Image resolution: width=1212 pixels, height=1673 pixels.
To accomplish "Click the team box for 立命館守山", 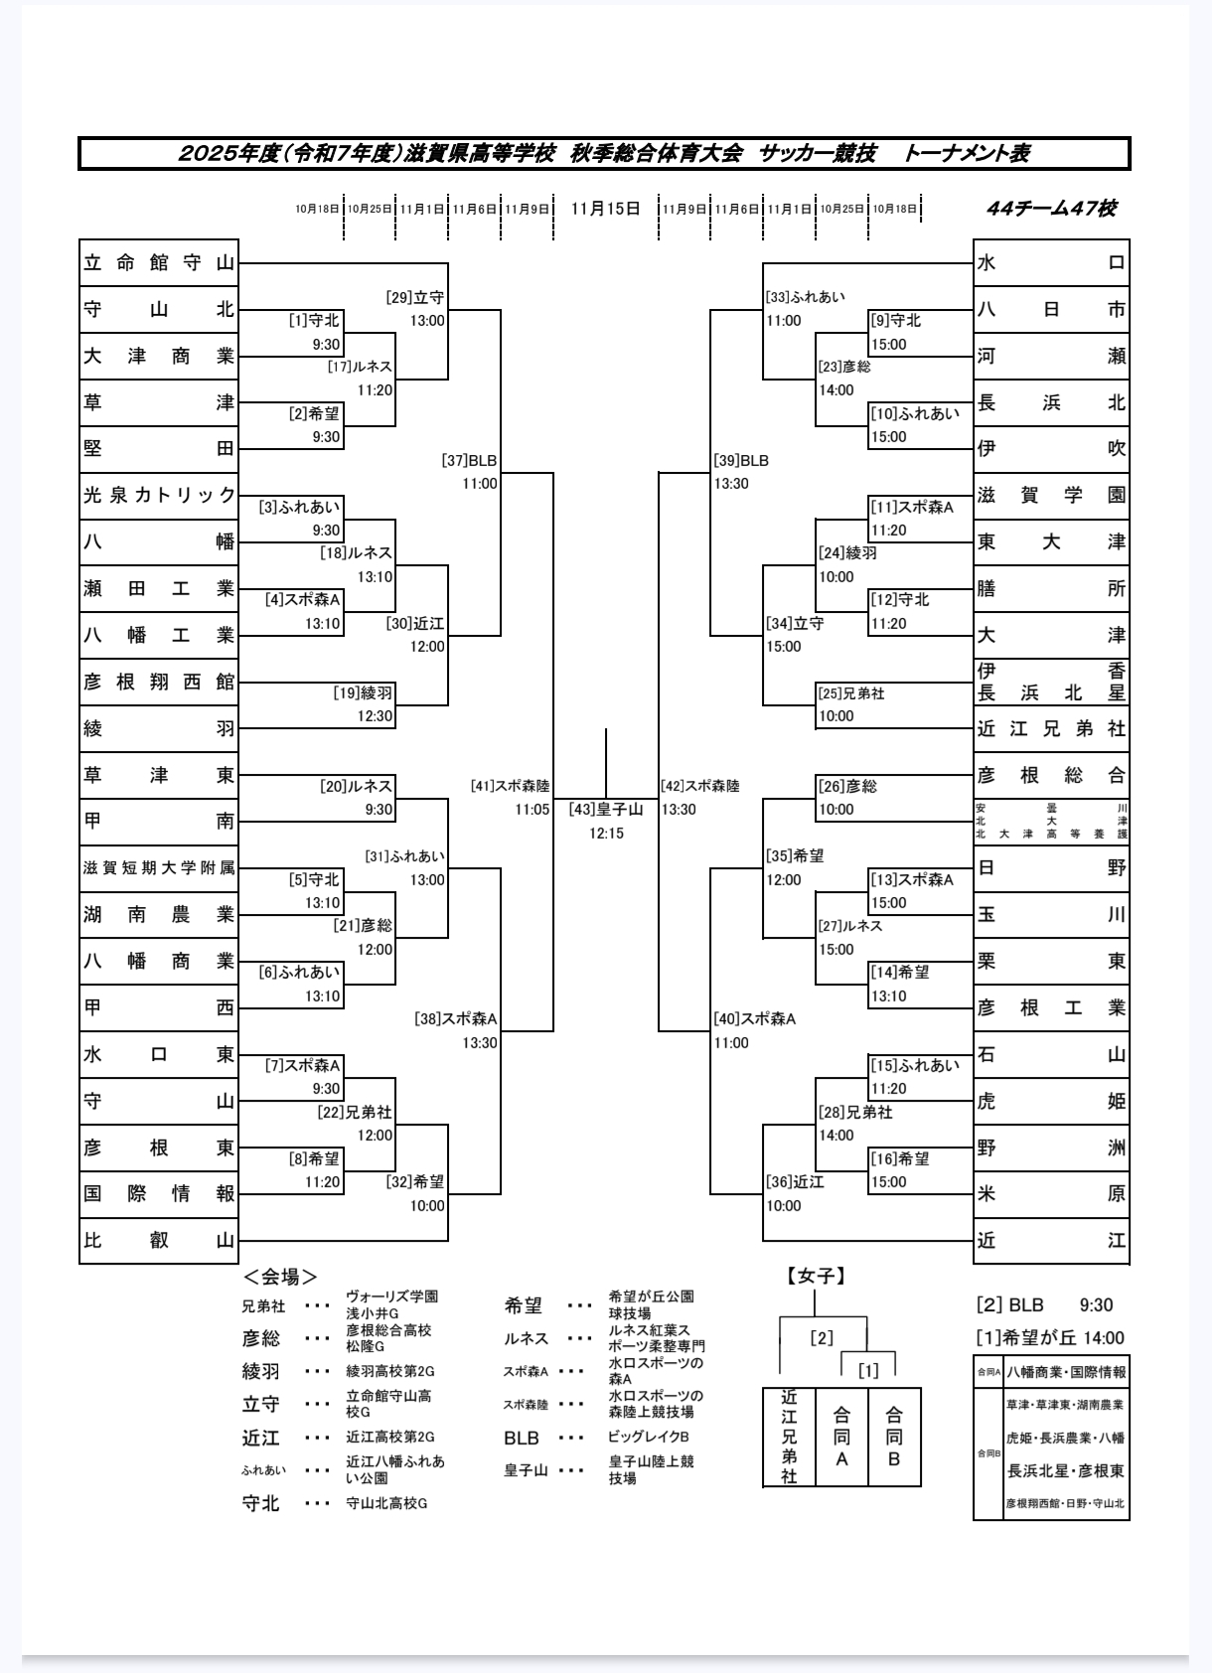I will (x=159, y=263).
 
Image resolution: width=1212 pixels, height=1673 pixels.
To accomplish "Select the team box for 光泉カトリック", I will (x=159, y=495).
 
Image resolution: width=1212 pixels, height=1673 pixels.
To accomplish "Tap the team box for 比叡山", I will (x=159, y=1240).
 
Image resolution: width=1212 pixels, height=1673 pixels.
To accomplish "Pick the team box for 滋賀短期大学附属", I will (x=159, y=868).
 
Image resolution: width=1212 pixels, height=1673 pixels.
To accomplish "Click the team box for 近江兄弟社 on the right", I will (x=1051, y=729).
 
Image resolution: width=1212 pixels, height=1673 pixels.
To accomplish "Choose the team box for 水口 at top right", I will (x=1051, y=263).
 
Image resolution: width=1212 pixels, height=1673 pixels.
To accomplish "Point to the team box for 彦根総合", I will (x=1051, y=775).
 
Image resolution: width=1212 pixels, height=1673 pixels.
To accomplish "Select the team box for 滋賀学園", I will (x=1051, y=495).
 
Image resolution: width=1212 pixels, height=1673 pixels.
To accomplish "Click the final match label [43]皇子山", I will (x=606, y=810).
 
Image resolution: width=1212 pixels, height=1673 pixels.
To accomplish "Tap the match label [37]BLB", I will (x=469, y=461).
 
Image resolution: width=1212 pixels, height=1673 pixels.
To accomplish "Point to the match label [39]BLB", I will (x=741, y=461).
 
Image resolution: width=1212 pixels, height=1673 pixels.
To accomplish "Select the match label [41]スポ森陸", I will (x=511, y=786).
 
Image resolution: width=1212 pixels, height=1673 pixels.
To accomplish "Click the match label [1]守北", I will (x=314, y=321).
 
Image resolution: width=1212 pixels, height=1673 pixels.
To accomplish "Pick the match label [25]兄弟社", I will (x=851, y=693).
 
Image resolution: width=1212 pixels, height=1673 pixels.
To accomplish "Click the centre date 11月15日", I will (x=606, y=209).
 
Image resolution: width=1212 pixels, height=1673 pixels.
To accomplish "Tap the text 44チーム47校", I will (x=1051, y=209).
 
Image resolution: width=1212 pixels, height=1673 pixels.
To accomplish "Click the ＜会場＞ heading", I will (x=280, y=1277).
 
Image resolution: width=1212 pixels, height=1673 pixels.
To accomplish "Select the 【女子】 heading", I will (x=817, y=1277).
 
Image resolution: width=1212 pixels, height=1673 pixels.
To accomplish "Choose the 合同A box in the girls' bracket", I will (x=841, y=1437).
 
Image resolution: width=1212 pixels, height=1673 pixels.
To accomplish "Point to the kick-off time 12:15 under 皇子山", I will (x=606, y=834).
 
